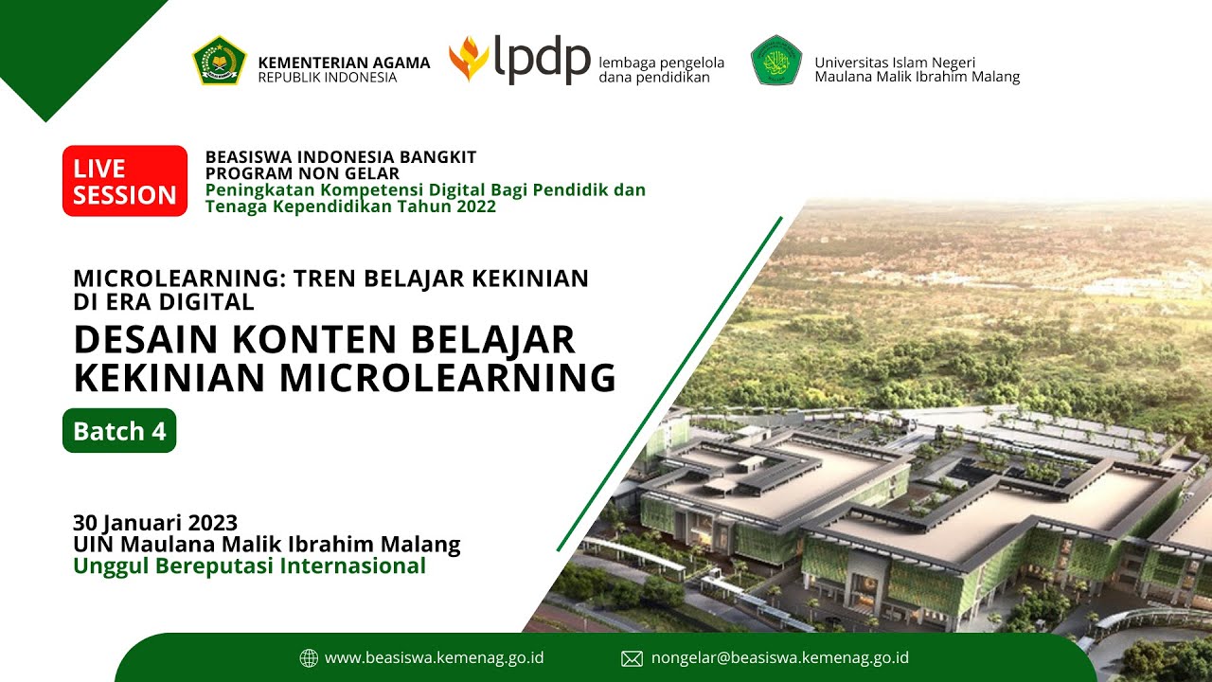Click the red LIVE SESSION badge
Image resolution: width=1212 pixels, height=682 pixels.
125,181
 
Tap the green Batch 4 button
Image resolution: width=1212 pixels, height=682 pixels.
119,431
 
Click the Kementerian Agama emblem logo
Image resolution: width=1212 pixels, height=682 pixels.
220,61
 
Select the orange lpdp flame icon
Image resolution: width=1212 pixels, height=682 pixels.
468,59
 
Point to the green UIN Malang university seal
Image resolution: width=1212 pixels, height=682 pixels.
776,61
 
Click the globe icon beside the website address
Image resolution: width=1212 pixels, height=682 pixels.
309,658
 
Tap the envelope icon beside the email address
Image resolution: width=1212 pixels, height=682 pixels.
632,658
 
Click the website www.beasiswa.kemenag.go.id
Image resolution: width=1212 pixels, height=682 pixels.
434,657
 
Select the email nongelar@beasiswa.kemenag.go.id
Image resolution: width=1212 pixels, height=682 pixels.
779,657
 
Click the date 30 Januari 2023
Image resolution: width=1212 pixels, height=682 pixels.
155,522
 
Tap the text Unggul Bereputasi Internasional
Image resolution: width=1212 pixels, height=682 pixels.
249,566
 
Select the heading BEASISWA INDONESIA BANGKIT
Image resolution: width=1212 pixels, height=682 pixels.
341,156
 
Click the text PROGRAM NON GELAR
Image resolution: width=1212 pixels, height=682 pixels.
302,173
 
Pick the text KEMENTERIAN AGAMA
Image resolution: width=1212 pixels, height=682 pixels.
344,63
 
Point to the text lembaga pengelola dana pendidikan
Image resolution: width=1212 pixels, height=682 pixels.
661,69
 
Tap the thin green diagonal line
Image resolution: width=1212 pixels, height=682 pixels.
669,384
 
